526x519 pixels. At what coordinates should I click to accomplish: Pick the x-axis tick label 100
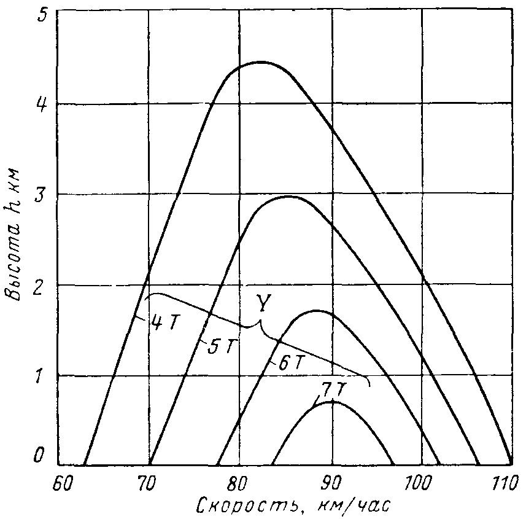(x=420, y=484)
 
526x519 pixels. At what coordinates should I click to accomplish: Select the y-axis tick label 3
(x=41, y=194)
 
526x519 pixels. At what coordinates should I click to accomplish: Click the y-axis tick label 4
(x=41, y=104)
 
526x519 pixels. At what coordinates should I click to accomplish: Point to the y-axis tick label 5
(x=42, y=14)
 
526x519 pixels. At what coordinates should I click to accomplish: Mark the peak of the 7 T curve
(x=332, y=402)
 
